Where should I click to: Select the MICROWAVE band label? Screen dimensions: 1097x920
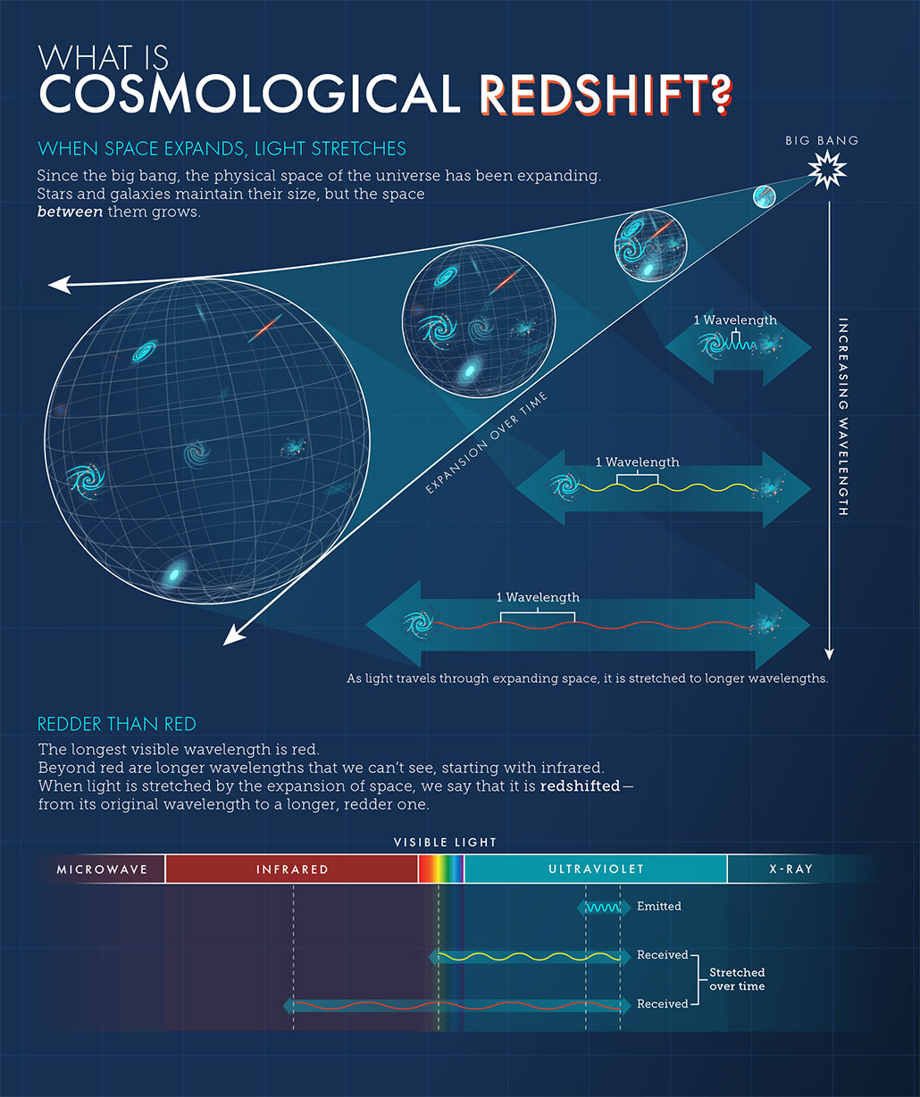click(x=102, y=869)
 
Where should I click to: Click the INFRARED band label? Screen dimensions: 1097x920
click(x=292, y=869)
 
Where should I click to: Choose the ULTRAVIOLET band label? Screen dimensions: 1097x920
click(x=596, y=869)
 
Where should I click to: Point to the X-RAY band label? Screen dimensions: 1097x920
click(x=790, y=869)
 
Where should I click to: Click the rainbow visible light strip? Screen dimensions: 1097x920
click(x=441, y=869)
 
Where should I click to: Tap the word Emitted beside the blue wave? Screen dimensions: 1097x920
click(x=658, y=907)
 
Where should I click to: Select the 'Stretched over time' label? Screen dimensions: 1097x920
click(x=737, y=979)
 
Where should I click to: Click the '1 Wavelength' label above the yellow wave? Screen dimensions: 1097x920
click(x=637, y=462)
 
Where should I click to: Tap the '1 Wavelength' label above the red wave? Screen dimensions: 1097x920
click(x=538, y=597)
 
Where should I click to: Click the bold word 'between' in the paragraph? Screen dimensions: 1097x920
click(x=70, y=212)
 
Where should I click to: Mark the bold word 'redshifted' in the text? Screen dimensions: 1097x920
click(x=579, y=786)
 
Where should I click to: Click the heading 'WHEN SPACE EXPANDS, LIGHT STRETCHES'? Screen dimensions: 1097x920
click(x=222, y=148)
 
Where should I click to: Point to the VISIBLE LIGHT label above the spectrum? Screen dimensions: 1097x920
click(x=445, y=843)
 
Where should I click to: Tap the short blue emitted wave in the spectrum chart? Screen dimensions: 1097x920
click(x=604, y=907)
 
